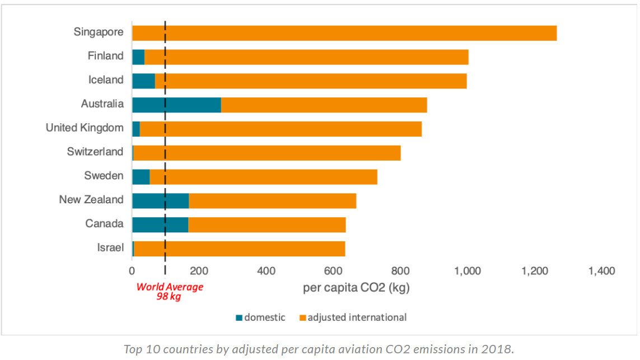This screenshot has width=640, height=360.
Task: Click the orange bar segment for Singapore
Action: pyautogui.click(x=344, y=33)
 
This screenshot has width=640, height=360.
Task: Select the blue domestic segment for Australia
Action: pyautogui.click(x=176, y=105)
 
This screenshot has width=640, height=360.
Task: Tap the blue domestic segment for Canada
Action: pyautogui.click(x=160, y=225)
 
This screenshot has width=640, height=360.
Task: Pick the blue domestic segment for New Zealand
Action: pyautogui.click(x=160, y=200)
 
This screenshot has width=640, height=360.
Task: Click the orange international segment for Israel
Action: pyautogui.click(x=239, y=249)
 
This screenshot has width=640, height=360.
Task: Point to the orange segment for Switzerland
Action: pyautogui.click(x=267, y=153)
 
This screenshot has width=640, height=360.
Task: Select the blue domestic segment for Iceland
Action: pyautogui.click(x=143, y=81)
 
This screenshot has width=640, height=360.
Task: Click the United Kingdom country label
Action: pyautogui.click(x=85, y=128)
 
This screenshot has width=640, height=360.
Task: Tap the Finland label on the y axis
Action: pyautogui.click(x=105, y=56)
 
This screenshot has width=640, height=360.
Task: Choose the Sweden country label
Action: pyautogui.click(x=104, y=176)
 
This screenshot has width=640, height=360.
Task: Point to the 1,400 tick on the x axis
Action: pyautogui.click(x=601, y=272)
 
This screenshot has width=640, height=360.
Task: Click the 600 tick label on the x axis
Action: pyautogui.click(x=333, y=272)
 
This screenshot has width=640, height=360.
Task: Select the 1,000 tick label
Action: pyautogui.click(x=468, y=272)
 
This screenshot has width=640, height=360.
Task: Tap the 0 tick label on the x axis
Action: pyautogui.click(x=132, y=272)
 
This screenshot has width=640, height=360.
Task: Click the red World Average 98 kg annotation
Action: pyautogui.click(x=170, y=292)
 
